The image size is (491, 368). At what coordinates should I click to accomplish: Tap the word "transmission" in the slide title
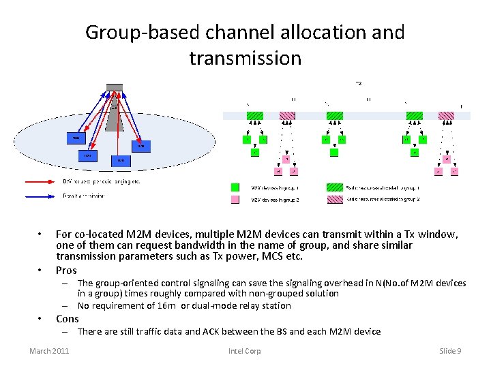point(245,58)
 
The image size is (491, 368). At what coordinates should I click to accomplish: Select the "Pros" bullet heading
point(67,271)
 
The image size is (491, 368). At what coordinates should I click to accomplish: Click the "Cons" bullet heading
point(67,319)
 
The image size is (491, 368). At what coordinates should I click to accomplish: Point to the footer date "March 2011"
point(49,350)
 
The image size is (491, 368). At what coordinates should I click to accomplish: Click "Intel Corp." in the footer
point(245,350)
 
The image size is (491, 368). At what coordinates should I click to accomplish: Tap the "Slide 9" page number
point(450,350)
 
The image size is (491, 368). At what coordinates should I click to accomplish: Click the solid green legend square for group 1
point(235,187)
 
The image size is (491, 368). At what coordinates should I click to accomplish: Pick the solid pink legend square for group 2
point(235,199)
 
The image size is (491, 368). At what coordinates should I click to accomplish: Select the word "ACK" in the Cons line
point(213,332)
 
